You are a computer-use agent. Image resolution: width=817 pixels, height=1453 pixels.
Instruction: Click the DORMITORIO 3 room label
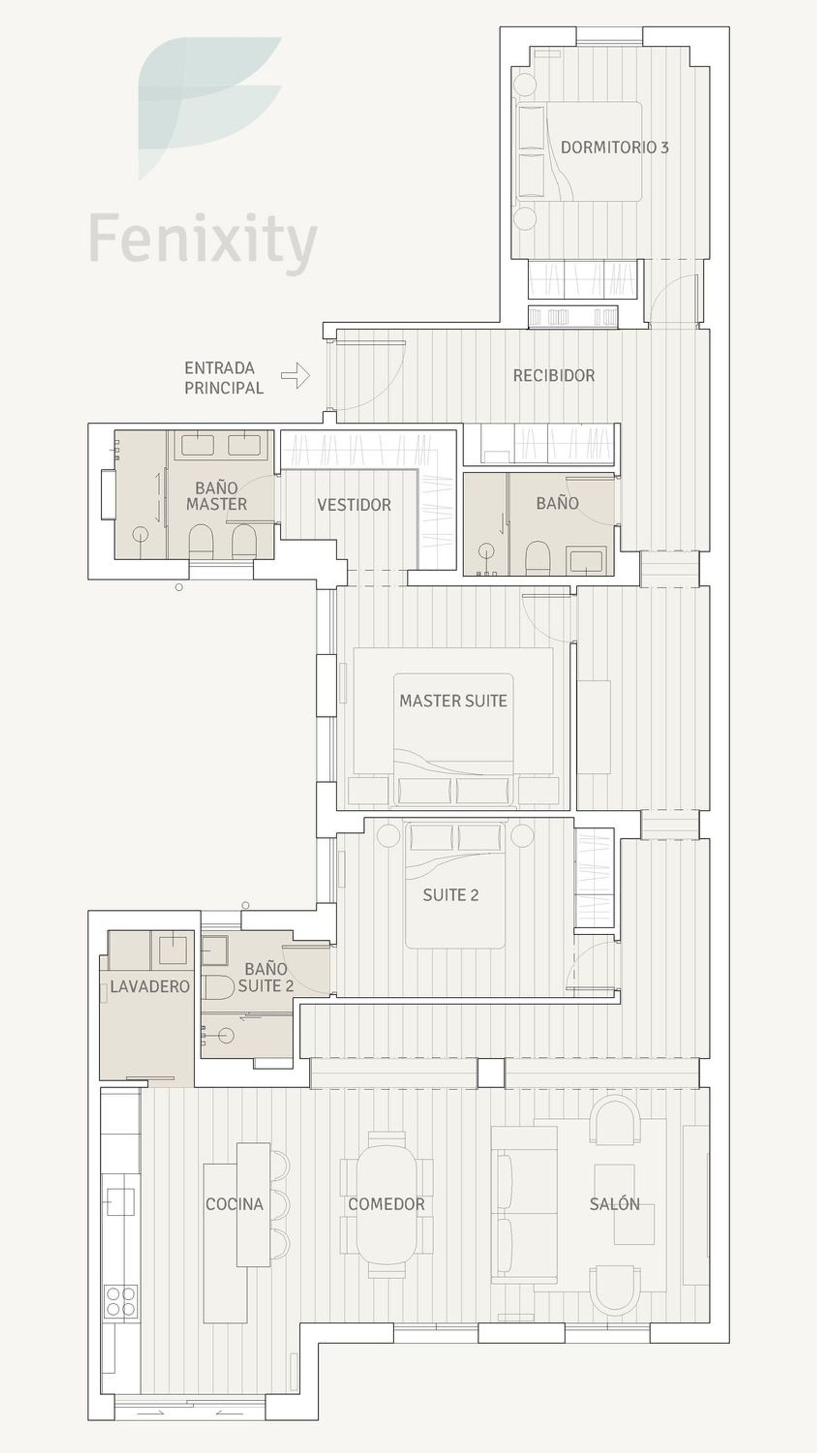(x=614, y=147)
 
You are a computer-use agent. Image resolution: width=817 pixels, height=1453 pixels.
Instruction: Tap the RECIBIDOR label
(x=554, y=376)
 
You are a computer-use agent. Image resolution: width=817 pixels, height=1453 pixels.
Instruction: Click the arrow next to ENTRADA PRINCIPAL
(x=295, y=376)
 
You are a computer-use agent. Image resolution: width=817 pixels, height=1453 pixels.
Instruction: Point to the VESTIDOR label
(x=353, y=505)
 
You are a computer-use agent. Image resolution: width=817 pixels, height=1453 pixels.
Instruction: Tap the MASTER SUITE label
(x=453, y=700)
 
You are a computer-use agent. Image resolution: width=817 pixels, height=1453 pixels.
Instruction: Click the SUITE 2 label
(x=450, y=895)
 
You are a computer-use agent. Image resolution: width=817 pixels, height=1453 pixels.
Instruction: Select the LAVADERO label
(x=149, y=986)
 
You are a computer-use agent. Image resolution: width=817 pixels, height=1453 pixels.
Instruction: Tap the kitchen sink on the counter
(x=120, y=1202)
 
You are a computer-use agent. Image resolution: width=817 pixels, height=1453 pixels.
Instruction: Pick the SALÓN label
(x=614, y=1204)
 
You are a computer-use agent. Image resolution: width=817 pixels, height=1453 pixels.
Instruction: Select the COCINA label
(x=234, y=1204)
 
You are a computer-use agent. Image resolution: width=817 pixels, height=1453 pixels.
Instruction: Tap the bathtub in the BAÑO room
(x=587, y=561)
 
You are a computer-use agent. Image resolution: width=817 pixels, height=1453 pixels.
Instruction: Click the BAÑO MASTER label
(x=217, y=496)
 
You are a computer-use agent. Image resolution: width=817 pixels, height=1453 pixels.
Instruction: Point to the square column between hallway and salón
(x=491, y=1073)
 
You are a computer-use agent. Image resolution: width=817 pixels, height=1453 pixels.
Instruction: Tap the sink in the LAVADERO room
(x=173, y=950)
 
